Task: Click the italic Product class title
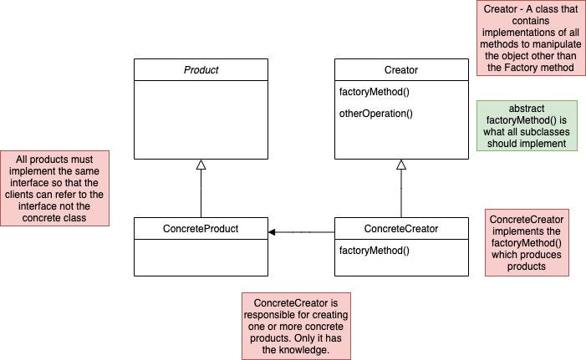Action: pos(201,70)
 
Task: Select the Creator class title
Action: pos(401,70)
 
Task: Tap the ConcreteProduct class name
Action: pos(201,228)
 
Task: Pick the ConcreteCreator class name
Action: pos(401,228)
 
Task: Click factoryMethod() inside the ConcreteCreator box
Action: pos(370,250)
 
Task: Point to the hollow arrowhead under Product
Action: pos(201,165)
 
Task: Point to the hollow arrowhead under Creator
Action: pos(401,165)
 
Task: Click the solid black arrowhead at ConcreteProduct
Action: pos(273,231)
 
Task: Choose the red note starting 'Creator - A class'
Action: pos(530,38)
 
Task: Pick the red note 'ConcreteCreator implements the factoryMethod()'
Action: pos(527,242)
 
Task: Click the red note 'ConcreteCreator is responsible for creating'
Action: pos(295,325)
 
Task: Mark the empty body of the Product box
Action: pos(201,121)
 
